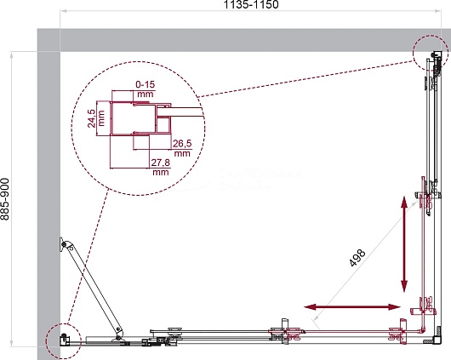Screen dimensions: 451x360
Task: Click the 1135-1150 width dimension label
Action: pyautogui.click(x=251, y=4)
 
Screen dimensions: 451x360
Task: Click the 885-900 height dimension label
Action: pyautogui.click(x=5, y=199)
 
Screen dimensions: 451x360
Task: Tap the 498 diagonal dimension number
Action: pyautogui.click(x=357, y=258)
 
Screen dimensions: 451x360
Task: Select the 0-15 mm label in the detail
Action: pyautogui.click(x=146, y=89)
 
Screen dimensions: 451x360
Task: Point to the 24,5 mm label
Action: pyautogui.click(x=96, y=118)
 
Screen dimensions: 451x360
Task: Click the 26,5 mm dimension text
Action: pyautogui.click(x=182, y=148)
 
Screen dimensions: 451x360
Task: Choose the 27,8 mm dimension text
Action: pyautogui.click(x=161, y=167)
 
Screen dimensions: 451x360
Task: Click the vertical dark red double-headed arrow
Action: pyautogui.click(x=404, y=244)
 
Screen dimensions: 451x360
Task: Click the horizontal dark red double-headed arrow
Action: pyautogui.click(x=352, y=307)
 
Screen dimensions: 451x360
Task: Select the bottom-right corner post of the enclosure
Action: pyautogui.click(x=437, y=340)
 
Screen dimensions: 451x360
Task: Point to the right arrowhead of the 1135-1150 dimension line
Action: pyautogui.click(x=437, y=11)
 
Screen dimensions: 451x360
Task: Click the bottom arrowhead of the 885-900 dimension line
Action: pyautogui.click(x=11, y=343)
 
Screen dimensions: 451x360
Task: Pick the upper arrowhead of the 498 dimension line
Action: pyautogui.click(x=414, y=203)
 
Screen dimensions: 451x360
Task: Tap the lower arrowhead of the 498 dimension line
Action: pyautogui.click(x=316, y=317)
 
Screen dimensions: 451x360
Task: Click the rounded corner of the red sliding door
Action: pyautogui.click(x=423, y=329)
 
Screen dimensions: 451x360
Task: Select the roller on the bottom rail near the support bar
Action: pyautogui.click(x=175, y=331)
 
